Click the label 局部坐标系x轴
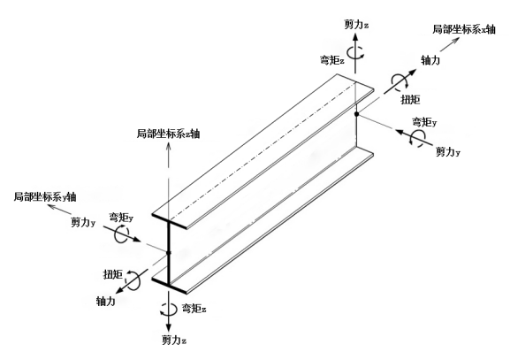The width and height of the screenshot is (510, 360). click(x=463, y=29)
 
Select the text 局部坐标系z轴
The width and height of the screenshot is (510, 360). click(x=168, y=134)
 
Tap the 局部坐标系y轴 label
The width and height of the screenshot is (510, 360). click(x=45, y=196)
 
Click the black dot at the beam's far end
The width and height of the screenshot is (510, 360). click(x=356, y=114)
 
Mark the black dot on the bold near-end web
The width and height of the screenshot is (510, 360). click(x=169, y=252)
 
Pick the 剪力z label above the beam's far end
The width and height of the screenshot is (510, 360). click(x=356, y=25)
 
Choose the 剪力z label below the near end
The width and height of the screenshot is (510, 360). click(x=174, y=341)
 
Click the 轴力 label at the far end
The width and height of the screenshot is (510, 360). click(x=430, y=60)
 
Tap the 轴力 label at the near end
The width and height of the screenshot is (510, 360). click(x=106, y=301)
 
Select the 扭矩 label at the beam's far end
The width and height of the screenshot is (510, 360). click(x=410, y=99)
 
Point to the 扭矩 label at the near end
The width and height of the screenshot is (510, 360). click(x=113, y=274)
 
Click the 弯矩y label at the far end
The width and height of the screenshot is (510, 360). click(x=425, y=122)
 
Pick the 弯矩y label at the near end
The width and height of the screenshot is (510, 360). click(x=121, y=217)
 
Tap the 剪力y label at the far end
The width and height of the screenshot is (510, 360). click(x=448, y=151)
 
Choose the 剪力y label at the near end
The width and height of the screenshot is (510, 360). click(x=83, y=223)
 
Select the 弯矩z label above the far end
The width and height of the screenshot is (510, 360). click(x=331, y=60)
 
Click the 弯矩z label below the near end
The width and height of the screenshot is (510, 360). click(x=194, y=308)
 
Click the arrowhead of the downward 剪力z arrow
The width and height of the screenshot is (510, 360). click(x=169, y=328)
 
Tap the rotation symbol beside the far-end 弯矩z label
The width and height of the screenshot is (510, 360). click(x=355, y=52)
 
